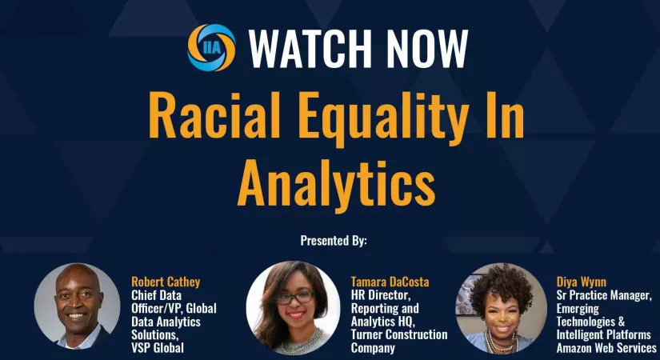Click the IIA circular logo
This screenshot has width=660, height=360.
[x=211, y=47]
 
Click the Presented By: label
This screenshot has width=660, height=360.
[x=334, y=241]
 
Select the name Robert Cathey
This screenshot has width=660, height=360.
[x=166, y=282]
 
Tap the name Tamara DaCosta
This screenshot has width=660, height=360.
[x=390, y=282]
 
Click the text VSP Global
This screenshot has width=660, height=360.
[x=158, y=348]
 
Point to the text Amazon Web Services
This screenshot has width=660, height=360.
[x=606, y=348]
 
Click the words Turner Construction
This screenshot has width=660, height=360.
[x=399, y=334]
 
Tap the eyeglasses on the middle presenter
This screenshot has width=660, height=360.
[x=295, y=298]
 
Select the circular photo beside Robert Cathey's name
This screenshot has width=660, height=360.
[x=77, y=306]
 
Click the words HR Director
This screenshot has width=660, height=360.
[x=381, y=295]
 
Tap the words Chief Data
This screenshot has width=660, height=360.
[x=156, y=295]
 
